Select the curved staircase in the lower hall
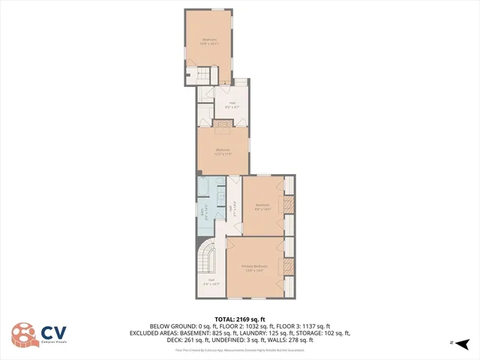[x=206, y=258]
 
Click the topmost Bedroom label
[x=209, y=41]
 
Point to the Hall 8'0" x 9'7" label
[x=232, y=105]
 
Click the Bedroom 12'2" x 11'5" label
[x=223, y=152]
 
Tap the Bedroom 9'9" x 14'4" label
[x=262, y=207]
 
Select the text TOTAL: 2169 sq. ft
[x=239, y=319]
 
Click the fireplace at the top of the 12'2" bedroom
[x=223, y=124]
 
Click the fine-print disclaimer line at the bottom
[x=239, y=349]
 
